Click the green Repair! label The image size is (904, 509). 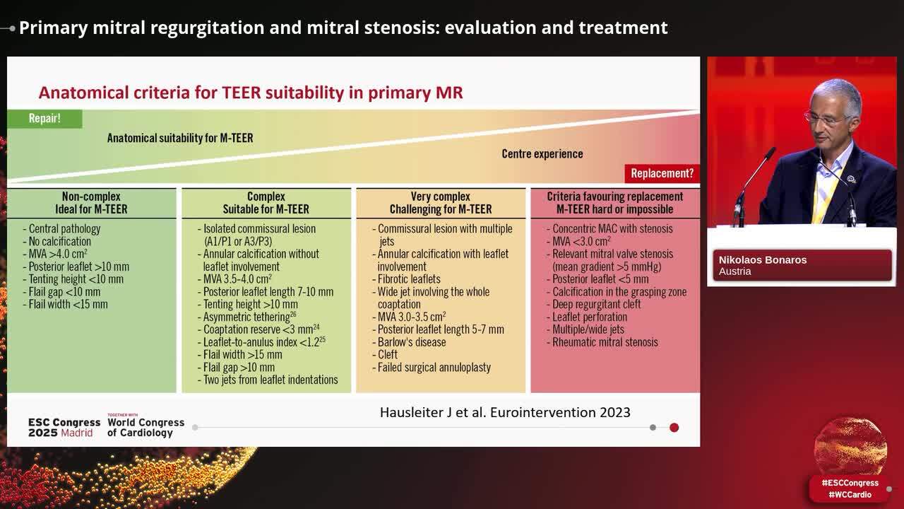coord(44,119)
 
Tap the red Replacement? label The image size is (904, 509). coord(662,173)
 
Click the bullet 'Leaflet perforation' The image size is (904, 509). coord(590,317)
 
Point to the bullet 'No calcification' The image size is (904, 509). coord(60,242)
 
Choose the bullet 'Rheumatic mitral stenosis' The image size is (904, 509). coord(605,342)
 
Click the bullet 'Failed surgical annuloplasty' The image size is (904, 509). coord(434,368)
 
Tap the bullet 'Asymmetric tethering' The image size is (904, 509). coord(246,317)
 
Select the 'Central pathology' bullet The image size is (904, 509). coord(64,229)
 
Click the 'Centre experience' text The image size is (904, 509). coord(542,154)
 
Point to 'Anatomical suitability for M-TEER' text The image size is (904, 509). coord(180,138)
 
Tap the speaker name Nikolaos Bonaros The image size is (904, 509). coord(763,259)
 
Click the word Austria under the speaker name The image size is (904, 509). coord(735,271)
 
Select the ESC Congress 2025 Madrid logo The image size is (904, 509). coord(64,428)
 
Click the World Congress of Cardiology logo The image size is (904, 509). coord(145,427)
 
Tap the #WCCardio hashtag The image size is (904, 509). coord(850,495)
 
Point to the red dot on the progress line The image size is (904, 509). coord(674,427)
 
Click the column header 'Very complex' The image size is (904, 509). coord(441,197)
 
